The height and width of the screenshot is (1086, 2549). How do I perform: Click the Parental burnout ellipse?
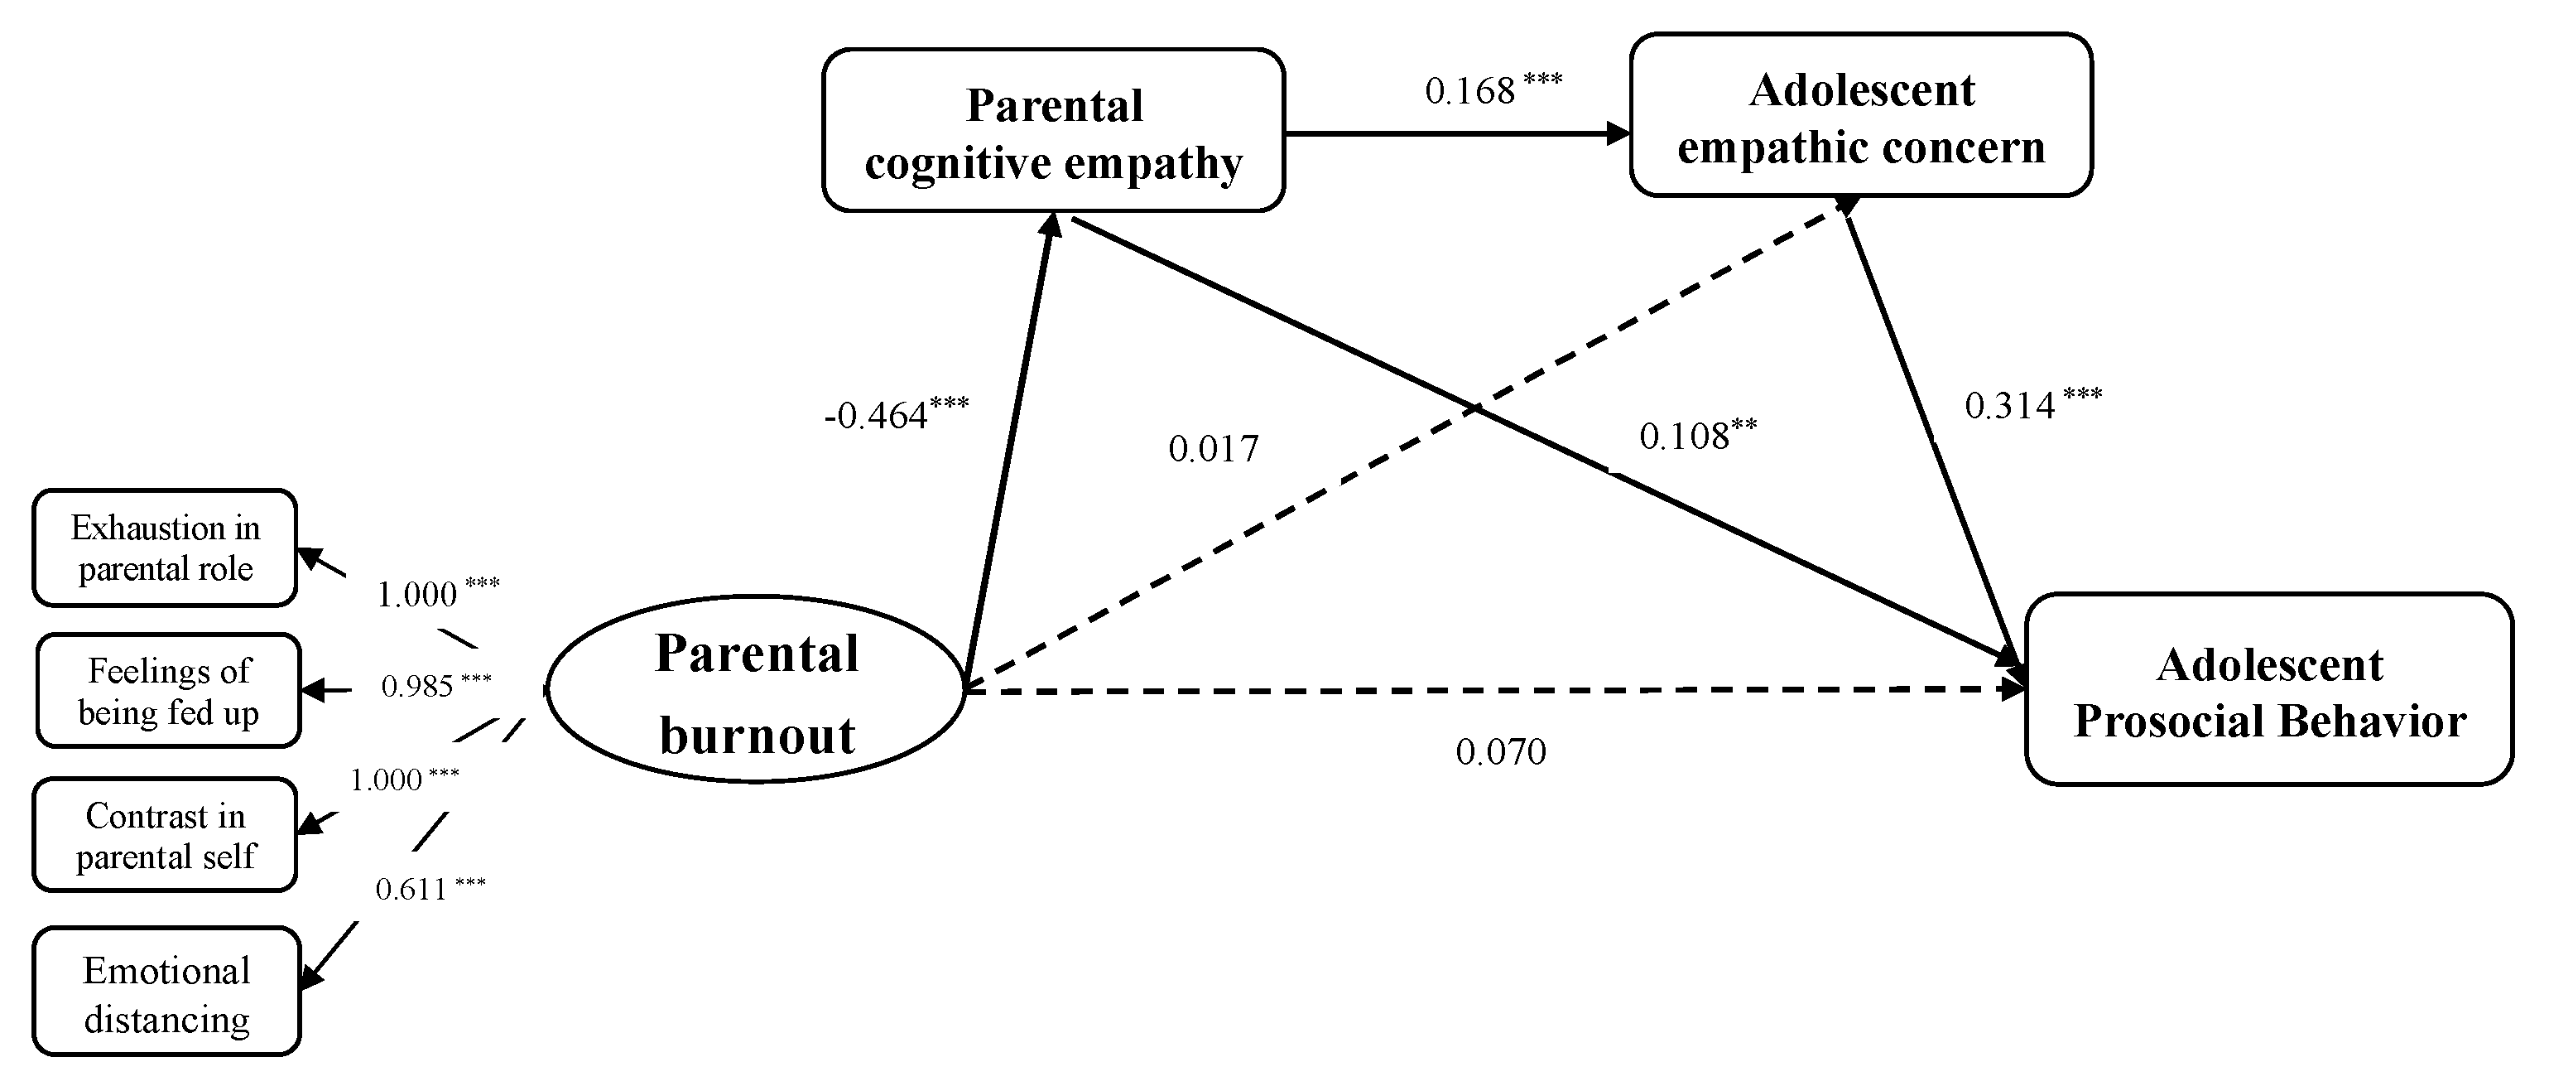click(756, 690)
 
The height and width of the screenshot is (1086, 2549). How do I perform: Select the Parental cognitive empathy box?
click(1053, 131)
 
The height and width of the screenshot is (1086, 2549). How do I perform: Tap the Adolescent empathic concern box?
click(1860, 116)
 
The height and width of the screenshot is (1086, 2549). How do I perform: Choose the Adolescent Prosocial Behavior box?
click(2269, 690)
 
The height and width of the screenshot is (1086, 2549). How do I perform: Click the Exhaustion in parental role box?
click(166, 548)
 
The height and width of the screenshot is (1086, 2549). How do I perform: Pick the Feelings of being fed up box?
click(168, 691)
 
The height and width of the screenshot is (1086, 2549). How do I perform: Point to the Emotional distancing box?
click(166, 992)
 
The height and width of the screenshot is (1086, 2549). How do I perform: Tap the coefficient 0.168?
click(1469, 92)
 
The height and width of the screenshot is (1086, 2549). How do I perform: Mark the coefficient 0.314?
click(2010, 406)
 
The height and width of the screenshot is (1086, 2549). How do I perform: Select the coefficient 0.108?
click(1683, 437)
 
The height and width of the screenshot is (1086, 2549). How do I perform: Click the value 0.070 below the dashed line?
click(1500, 752)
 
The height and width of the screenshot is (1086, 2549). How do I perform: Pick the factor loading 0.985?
click(417, 686)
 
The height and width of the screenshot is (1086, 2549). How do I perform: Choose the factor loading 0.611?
click(411, 889)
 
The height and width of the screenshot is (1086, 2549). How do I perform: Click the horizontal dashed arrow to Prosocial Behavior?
click(1484, 690)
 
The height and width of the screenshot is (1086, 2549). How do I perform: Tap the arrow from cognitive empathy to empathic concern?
click(1455, 133)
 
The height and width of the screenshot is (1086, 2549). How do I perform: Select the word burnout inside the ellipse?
click(757, 736)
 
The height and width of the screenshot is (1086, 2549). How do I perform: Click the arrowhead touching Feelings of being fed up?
click(314, 690)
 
